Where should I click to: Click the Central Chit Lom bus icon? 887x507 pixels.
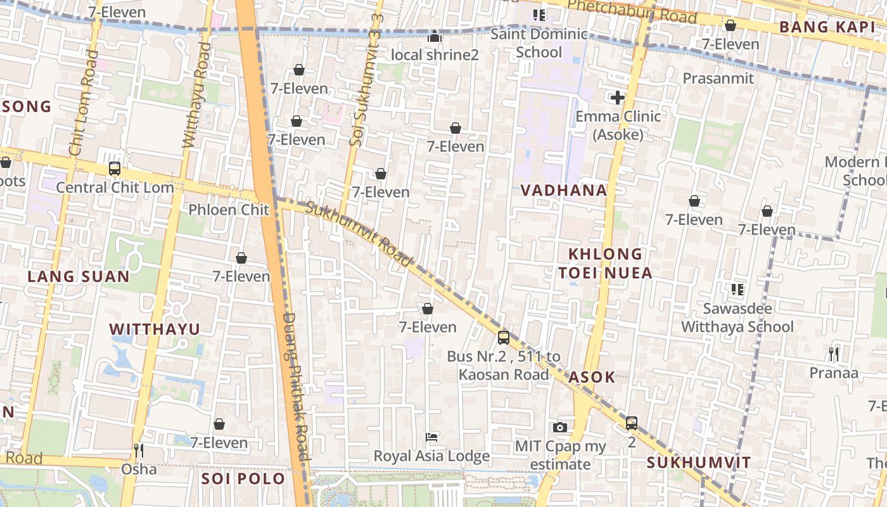pyautogui.click(x=114, y=169)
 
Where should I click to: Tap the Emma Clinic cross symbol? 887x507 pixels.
pyautogui.click(x=617, y=98)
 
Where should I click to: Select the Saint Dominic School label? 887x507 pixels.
pyautogui.click(x=539, y=42)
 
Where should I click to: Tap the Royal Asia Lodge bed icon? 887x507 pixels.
pyautogui.click(x=431, y=437)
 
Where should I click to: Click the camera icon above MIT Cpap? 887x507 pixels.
pyautogui.click(x=559, y=428)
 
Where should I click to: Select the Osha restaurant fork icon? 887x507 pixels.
pyautogui.click(x=139, y=451)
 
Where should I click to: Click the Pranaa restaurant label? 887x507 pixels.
pyautogui.click(x=834, y=373)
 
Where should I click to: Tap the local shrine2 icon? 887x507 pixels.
pyautogui.click(x=434, y=37)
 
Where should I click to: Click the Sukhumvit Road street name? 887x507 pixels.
pyautogui.click(x=359, y=233)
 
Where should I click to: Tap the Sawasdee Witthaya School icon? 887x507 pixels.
pyautogui.click(x=737, y=290)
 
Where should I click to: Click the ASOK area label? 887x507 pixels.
pyautogui.click(x=591, y=377)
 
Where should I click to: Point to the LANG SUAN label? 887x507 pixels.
pyautogui.click(x=79, y=276)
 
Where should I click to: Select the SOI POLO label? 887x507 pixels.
pyautogui.click(x=243, y=478)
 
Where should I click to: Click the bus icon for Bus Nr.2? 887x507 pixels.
pyautogui.click(x=504, y=338)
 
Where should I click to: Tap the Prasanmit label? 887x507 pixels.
pyautogui.click(x=718, y=79)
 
